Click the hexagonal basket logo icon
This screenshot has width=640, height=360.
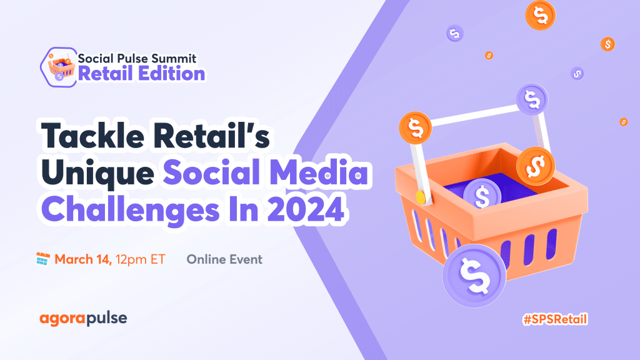(58, 67)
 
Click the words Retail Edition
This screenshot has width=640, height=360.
(141, 74)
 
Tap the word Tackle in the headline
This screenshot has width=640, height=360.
(92, 136)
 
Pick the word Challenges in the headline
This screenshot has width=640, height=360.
(131, 211)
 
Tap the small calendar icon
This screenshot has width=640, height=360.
(43, 259)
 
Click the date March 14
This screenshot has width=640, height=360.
(83, 259)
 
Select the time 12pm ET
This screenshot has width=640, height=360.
(141, 259)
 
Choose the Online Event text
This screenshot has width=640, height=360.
(224, 259)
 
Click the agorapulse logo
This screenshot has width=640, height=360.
(83, 318)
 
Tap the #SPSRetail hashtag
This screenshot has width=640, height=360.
(555, 319)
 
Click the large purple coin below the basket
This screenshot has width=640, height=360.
(474, 276)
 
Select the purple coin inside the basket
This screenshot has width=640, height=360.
(482, 195)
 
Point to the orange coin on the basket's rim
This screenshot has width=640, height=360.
(536, 166)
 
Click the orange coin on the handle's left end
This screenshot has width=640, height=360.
(416, 127)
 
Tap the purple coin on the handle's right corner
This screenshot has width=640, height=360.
(532, 99)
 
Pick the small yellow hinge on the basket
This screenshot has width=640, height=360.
(421, 197)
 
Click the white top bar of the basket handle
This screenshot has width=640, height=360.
(474, 115)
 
